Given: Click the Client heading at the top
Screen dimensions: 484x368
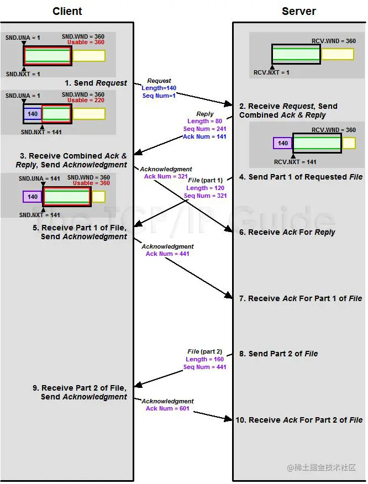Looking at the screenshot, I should [67, 11].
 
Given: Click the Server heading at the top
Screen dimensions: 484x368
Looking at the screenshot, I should [299, 11].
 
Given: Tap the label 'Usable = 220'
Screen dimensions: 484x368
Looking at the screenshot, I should [86, 101].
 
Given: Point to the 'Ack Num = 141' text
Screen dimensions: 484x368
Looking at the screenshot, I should [204, 136].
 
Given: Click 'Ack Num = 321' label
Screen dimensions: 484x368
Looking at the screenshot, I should [166, 176].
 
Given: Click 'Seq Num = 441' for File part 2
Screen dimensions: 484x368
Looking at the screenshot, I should [205, 367].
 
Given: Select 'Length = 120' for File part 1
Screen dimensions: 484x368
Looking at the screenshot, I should [205, 188].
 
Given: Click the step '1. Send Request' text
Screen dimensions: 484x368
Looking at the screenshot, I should [96, 83].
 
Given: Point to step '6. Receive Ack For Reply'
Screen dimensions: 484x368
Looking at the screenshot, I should [287, 232].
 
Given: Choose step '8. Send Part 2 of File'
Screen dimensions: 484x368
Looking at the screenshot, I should [278, 354].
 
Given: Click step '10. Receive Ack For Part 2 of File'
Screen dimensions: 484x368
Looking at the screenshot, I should [299, 420].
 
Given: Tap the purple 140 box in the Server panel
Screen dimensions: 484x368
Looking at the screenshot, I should [283, 143].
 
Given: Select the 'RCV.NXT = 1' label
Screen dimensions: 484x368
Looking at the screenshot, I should [271, 72].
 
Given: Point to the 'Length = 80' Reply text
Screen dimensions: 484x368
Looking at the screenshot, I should [204, 121].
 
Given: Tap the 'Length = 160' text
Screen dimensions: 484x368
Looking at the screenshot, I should [205, 359].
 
